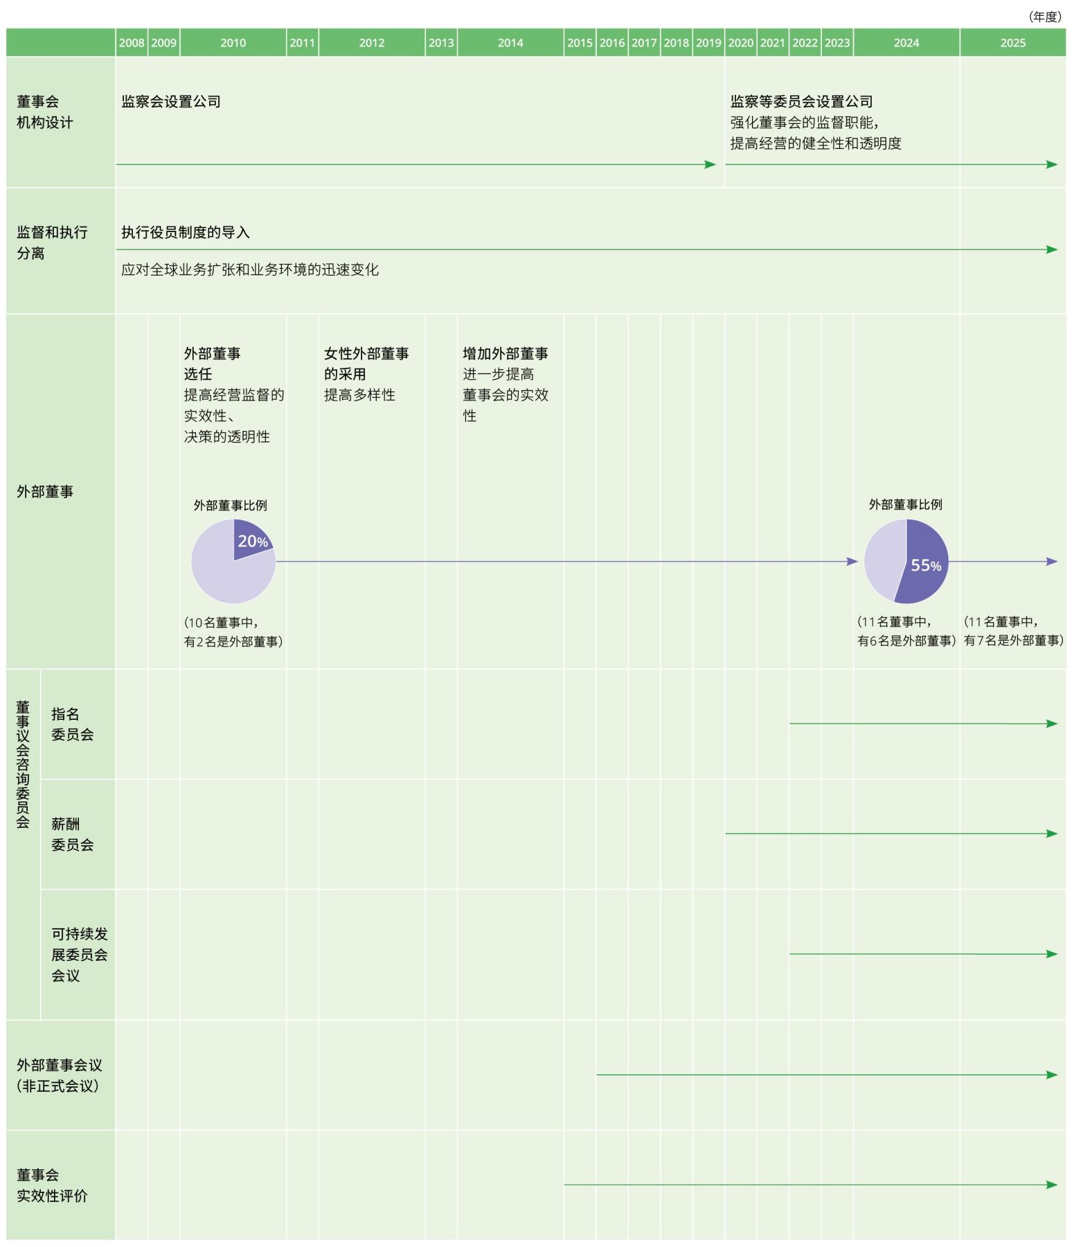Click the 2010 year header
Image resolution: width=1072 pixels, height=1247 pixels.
click(233, 43)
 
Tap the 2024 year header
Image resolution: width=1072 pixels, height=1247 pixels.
click(906, 43)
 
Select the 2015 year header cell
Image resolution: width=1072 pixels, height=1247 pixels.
click(580, 43)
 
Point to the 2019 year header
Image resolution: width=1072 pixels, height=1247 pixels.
click(708, 43)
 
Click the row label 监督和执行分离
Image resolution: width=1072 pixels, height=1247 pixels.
click(52, 242)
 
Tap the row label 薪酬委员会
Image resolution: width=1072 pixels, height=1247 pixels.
click(72, 834)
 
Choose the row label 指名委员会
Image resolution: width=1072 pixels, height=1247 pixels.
click(72, 724)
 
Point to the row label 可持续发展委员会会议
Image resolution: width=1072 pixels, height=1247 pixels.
click(79, 955)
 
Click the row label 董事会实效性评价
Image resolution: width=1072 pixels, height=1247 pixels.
click(52, 1185)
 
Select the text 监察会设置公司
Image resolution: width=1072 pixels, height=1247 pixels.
click(171, 102)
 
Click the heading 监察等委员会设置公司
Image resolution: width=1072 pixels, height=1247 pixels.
click(801, 102)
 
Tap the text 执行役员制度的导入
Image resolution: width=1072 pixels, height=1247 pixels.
click(186, 232)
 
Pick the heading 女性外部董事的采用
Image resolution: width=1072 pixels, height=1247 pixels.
click(366, 364)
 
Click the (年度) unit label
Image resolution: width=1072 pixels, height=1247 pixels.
click(1044, 17)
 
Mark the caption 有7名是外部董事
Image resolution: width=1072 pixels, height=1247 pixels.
click(1013, 641)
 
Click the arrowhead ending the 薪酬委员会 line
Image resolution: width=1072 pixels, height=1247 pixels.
click(1052, 833)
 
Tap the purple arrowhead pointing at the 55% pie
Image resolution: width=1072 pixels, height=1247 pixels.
click(852, 562)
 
